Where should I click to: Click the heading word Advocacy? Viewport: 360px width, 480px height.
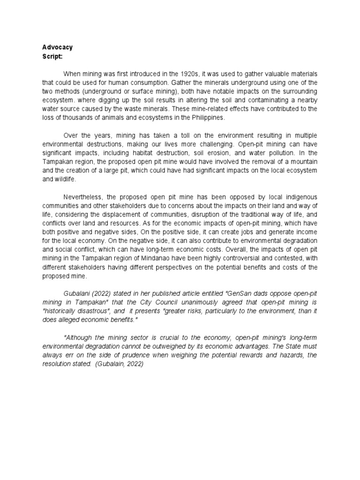click(58, 47)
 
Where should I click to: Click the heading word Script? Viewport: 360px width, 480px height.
click(52, 56)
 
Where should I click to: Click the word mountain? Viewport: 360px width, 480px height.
click(304, 162)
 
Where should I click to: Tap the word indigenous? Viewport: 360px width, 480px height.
click(300, 197)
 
